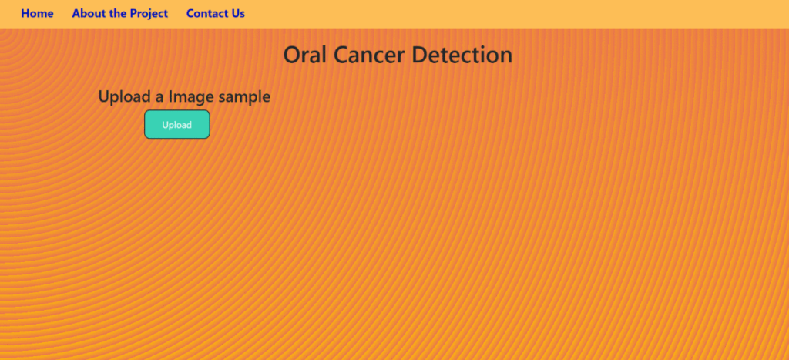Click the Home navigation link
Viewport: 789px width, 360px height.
pyautogui.click(x=37, y=14)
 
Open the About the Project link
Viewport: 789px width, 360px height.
pyautogui.click(x=119, y=14)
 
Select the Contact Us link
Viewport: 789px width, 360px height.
pyautogui.click(x=216, y=14)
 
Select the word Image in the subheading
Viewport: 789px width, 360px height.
pyautogui.click(x=187, y=97)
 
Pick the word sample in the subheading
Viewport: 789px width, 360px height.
pyautogui.click(x=241, y=97)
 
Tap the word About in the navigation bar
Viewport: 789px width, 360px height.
pyautogui.click(x=87, y=14)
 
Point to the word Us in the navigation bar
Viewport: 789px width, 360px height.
pyautogui.click(x=238, y=14)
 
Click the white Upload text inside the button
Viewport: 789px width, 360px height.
pyautogui.click(x=176, y=125)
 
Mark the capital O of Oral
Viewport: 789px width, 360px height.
pyautogui.click(x=294, y=55)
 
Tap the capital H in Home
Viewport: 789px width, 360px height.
pyautogui.click(x=25, y=14)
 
